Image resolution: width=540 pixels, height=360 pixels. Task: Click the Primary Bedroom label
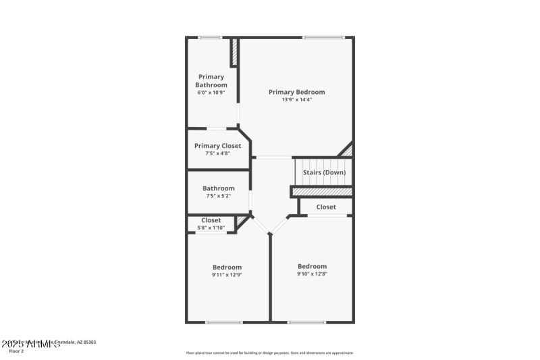tap(296, 92)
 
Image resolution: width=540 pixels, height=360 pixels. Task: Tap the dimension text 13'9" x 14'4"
tap(296, 100)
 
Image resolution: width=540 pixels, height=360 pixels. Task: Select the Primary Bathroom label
tap(211, 81)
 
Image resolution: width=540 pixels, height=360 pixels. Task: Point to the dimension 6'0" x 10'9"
tap(211, 93)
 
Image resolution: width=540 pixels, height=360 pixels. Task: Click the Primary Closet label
tap(217, 146)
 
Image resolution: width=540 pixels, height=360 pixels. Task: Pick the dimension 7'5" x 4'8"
tap(217, 153)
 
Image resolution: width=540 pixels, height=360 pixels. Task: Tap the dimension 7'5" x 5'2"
tap(218, 196)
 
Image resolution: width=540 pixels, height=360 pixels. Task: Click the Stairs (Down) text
tap(324, 172)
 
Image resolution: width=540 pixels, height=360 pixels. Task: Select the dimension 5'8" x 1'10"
tap(211, 228)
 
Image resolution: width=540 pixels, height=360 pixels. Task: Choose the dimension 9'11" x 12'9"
tap(227, 275)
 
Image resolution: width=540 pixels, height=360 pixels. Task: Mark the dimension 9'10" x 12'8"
tap(312, 274)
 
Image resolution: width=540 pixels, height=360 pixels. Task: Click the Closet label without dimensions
tap(326, 207)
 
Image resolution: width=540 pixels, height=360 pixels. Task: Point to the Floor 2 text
tap(16, 351)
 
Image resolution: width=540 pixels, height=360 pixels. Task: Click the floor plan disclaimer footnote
tap(269, 353)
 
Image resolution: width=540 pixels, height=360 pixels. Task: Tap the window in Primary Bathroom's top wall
tap(210, 37)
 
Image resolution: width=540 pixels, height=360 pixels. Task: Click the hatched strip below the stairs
tap(322, 192)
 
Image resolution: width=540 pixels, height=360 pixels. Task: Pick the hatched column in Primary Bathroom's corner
tap(234, 52)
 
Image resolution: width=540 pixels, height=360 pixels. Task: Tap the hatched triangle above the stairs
tap(347, 151)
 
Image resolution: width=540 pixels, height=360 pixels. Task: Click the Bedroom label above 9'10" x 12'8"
tap(312, 266)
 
